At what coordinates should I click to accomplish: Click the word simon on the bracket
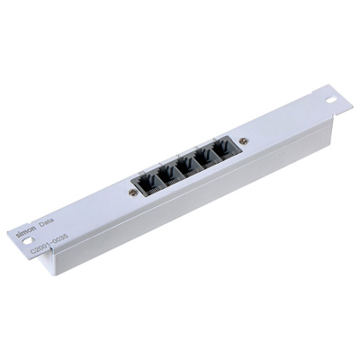click(x=26, y=231)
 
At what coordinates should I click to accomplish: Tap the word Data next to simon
click(x=47, y=222)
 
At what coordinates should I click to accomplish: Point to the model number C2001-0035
click(x=49, y=242)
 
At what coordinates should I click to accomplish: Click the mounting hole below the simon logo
click(x=28, y=240)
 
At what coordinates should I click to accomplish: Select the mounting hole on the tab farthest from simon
click(x=331, y=99)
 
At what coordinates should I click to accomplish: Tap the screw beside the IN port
click(x=133, y=193)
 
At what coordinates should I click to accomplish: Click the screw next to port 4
click(x=244, y=140)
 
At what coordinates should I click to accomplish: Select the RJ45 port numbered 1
click(x=169, y=175)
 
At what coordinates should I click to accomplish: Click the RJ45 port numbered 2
click(x=188, y=166)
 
